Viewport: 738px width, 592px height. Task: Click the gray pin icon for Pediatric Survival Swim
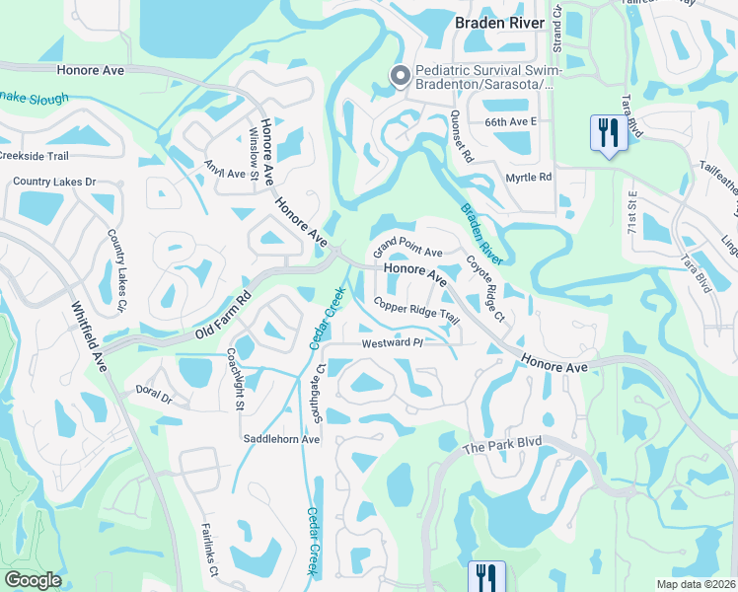401,76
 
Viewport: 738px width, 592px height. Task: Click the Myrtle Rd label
529,177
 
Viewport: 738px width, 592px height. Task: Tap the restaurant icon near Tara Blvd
608,132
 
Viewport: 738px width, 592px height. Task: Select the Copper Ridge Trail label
415,306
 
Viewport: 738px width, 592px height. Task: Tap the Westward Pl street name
392,342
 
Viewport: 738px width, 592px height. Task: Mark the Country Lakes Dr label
54,183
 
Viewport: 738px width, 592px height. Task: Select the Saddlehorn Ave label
282,439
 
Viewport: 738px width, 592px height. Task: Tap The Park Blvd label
502,447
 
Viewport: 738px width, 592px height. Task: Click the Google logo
33,580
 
